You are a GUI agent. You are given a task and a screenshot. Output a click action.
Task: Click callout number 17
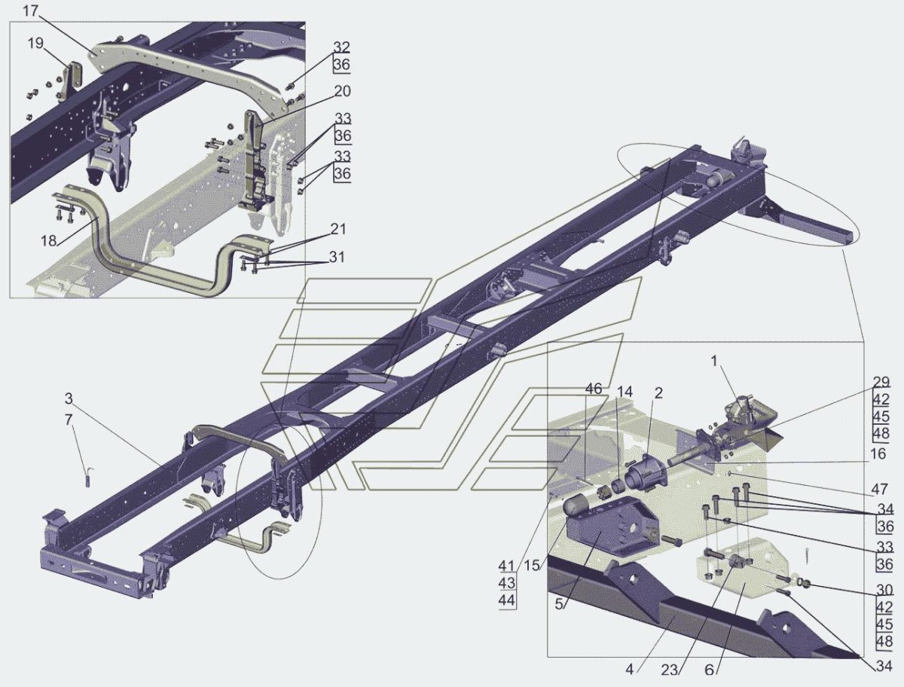(x=30, y=11)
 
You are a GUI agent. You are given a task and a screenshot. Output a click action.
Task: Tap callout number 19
(x=36, y=43)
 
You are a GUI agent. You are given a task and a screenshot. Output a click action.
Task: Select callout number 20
(x=342, y=90)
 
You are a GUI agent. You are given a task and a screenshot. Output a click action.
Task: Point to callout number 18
(x=48, y=240)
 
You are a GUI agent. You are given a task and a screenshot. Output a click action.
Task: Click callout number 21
(x=337, y=229)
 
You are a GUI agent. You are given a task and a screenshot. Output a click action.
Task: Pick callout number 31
(x=337, y=258)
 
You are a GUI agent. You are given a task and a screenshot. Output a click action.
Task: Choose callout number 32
(x=341, y=47)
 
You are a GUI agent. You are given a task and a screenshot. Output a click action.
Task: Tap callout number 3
(x=69, y=398)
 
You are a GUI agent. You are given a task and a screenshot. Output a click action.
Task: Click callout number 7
(x=69, y=420)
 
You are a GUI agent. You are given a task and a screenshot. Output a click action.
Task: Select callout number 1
(x=713, y=361)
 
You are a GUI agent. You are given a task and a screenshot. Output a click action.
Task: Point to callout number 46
(x=593, y=389)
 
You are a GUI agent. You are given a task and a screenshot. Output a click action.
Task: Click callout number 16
(x=878, y=454)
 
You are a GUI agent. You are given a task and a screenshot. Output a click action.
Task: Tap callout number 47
(x=878, y=490)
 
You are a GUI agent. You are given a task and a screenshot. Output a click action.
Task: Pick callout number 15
(x=532, y=566)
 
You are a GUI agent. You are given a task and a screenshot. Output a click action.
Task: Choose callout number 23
(x=669, y=670)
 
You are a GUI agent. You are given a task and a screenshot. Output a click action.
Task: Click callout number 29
(x=881, y=382)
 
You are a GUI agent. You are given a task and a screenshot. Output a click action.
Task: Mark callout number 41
(x=506, y=566)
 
